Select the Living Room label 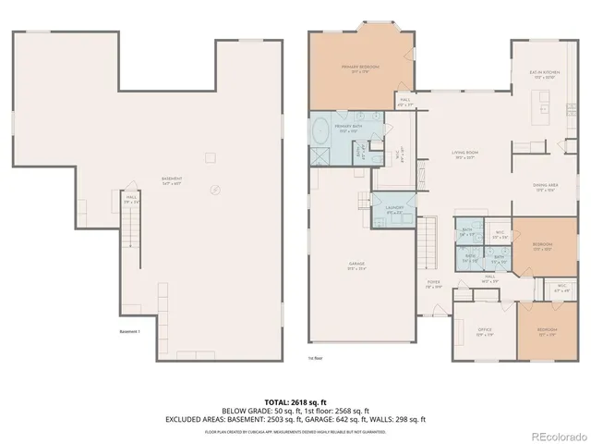[x=463, y=154]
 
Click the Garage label [x=356, y=266]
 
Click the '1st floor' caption [x=315, y=356]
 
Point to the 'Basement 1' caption [x=129, y=331]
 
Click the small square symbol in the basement [x=210, y=154]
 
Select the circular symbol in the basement [x=215, y=190]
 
